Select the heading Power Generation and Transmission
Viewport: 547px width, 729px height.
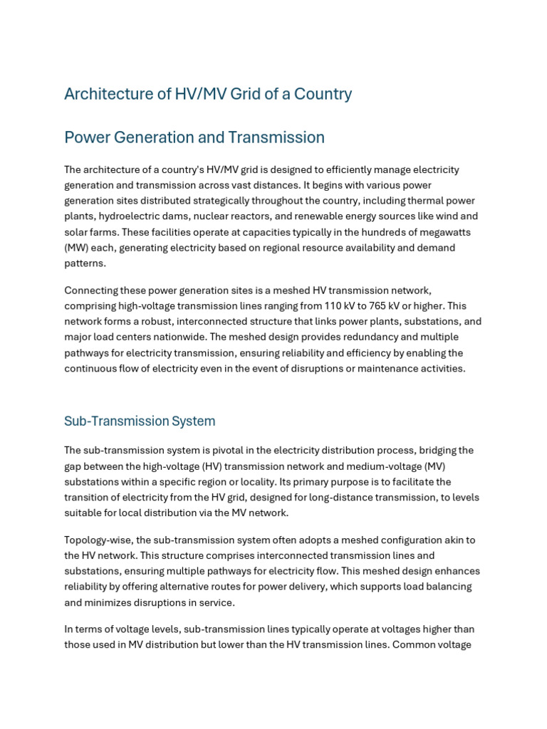pyautogui.click(x=194, y=137)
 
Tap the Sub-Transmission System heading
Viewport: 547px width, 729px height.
pyautogui.click(x=140, y=421)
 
